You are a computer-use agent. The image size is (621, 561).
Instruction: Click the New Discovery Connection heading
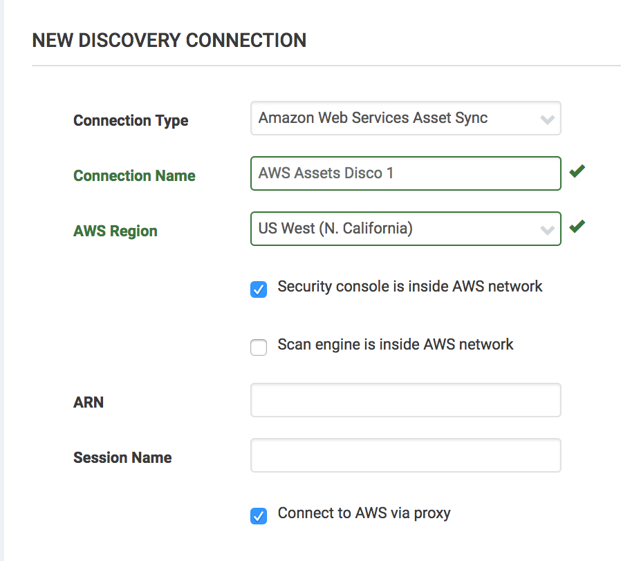(169, 40)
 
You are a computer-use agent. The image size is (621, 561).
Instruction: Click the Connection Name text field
(405, 173)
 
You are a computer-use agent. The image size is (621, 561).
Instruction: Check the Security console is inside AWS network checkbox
(259, 289)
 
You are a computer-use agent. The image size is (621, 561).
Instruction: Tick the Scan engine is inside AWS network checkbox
(259, 348)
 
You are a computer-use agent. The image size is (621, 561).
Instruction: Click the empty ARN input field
(405, 401)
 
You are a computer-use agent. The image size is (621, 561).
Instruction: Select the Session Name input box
(405, 455)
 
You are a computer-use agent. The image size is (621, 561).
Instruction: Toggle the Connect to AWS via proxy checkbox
(259, 516)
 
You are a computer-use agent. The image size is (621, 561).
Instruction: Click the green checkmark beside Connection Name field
(577, 171)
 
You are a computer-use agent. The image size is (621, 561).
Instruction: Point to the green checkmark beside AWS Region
(577, 226)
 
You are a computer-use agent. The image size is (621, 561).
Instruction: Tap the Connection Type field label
(131, 120)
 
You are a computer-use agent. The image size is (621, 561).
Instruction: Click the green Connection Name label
(134, 175)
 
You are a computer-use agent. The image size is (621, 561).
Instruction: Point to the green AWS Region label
(115, 231)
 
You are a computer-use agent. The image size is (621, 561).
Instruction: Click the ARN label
(89, 402)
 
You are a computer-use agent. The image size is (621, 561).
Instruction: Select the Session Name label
(122, 457)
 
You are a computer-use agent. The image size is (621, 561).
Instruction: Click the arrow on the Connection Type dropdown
(547, 120)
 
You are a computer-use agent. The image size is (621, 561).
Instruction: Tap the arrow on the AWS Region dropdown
(547, 230)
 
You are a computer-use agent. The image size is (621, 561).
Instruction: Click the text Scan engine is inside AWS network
(396, 344)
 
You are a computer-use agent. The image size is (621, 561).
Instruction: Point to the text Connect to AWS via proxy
(364, 513)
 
